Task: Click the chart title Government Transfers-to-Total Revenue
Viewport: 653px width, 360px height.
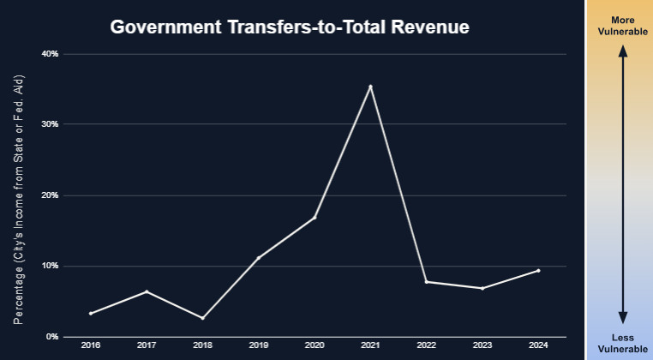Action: click(x=290, y=27)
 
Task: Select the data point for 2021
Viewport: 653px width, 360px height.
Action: click(x=370, y=87)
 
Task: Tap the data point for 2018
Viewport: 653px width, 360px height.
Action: click(x=202, y=318)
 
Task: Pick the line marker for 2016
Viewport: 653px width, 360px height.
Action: click(x=90, y=313)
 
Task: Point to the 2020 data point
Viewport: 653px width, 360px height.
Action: click(x=315, y=218)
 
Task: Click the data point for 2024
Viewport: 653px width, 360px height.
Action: click(x=538, y=271)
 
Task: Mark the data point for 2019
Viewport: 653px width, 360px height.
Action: click(x=258, y=258)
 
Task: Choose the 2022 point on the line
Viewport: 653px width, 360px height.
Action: click(x=426, y=282)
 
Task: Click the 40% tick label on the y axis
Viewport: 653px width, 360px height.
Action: click(x=50, y=54)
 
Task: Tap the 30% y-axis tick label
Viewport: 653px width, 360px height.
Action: click(x=50, y=124)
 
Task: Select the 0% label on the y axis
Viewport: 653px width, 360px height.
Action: click(x=51, y=337)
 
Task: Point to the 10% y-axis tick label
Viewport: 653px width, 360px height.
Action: click(x=50, y=266)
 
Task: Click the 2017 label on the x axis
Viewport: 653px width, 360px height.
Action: click(x=146, y=345)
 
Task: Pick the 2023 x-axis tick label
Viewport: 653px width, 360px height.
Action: click(x=482, y=345)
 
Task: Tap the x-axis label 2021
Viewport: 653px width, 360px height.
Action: click(x=370, y=345)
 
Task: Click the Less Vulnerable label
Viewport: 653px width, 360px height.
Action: click(x=623, y=342)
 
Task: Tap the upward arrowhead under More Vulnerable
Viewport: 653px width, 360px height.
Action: click(x=623, y=51)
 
